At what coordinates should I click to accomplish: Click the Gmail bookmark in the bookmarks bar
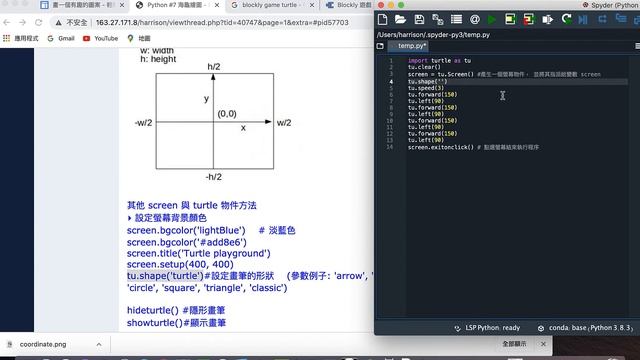coord(61,38)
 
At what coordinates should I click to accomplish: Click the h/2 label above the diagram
coord(214,67)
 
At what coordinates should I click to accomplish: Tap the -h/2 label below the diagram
coord(214,176)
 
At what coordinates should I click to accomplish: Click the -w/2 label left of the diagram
coord(143,122)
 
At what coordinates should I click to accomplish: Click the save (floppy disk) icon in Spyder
coord(419,18)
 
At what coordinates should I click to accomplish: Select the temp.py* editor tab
coord(411,46)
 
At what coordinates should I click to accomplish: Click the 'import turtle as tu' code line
coord(439,61)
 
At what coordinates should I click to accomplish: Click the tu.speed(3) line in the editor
coord(426,88)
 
